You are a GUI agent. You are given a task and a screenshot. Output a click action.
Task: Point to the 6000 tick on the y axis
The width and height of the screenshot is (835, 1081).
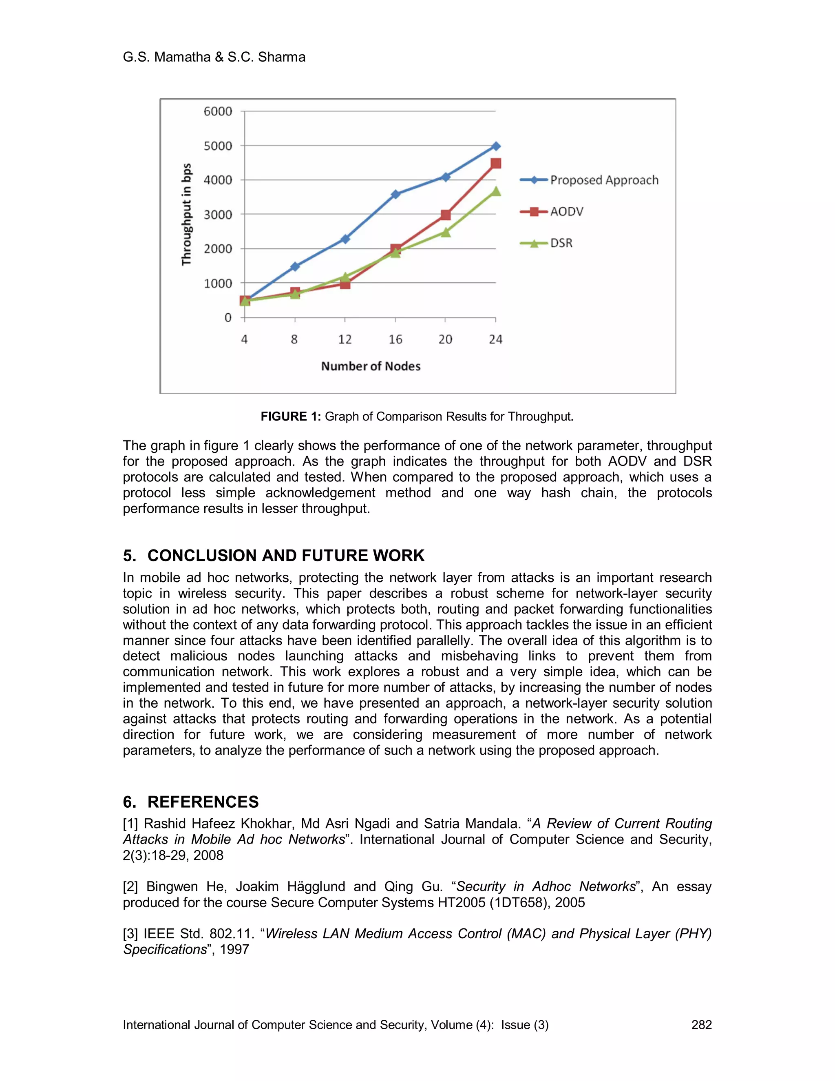tap(218, 111)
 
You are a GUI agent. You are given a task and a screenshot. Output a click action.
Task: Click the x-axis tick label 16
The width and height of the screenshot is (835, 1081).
tap(395, 339)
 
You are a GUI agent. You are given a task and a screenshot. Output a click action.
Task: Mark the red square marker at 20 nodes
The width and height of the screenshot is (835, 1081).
tap(446, 215)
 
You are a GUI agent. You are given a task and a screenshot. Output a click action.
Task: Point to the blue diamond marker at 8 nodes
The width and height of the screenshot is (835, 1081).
tap(295, 266)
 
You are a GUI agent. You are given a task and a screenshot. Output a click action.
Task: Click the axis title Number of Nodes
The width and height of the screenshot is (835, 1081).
tap(371, 366)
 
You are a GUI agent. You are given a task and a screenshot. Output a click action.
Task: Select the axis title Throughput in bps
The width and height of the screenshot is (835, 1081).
tap(186, 214)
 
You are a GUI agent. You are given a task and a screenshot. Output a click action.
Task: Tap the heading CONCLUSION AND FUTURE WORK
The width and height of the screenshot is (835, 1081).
tap(285, 555)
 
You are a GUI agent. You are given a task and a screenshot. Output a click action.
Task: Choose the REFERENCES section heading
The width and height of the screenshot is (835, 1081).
tap(203, 802)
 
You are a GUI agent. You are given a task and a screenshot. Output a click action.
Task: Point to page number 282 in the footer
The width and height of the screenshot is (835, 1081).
tap(701, 1025)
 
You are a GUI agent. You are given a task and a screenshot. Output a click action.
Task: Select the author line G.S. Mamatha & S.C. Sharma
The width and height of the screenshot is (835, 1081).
tap(214, 58)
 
